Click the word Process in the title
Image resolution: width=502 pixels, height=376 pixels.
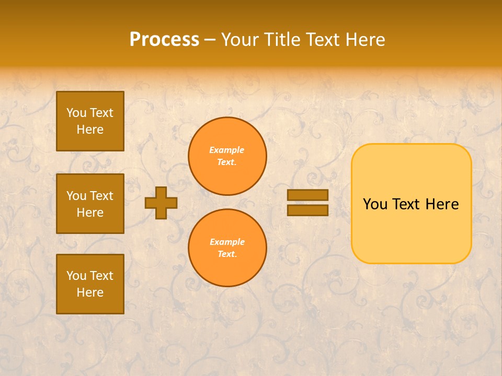click(x=164, y=40)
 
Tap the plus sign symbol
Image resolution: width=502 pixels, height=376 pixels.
click(x=161, y=203)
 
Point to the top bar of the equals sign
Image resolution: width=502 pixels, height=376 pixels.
click(x=307, y=195)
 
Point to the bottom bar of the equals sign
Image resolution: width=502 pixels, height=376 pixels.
click(x=307, y=210)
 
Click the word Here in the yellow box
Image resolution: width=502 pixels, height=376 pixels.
click(x=442, y=204)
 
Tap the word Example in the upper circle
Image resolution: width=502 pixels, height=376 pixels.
click(x=227, y=150)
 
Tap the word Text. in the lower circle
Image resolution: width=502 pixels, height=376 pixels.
click(x=227, y=254)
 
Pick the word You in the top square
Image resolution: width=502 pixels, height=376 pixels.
click(x=76, y=113)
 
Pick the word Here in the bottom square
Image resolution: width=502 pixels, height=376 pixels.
click(x=90, y=292)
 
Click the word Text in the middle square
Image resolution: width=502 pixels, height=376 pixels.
click(x=101, y=196)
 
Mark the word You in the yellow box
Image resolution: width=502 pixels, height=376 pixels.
click(x=375, y=204)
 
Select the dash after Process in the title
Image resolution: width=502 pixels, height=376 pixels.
click(x=210, y=40)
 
